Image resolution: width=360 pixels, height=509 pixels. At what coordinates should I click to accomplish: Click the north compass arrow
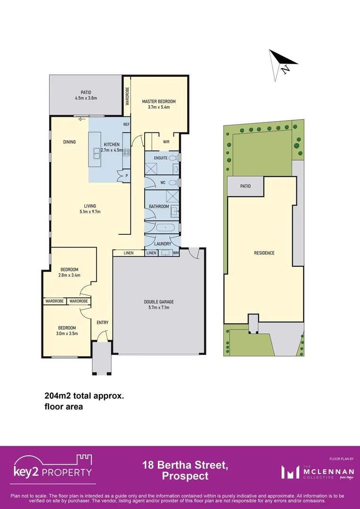[282, 62]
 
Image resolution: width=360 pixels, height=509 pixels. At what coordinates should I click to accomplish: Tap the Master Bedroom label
[159, 101]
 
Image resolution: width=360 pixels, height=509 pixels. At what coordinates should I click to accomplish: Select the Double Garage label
[159, 302]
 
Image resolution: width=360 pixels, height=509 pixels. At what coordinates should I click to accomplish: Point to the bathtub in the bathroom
[165, 228]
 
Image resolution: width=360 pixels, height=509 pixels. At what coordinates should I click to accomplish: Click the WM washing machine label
[175, 253]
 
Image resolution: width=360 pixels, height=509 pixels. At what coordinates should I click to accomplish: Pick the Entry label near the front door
[102, 322]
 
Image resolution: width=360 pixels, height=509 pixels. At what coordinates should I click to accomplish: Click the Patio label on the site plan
[245, 186]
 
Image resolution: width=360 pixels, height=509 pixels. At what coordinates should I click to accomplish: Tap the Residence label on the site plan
[264, 253]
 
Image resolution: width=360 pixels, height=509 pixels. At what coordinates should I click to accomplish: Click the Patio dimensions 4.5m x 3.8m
[86, 99]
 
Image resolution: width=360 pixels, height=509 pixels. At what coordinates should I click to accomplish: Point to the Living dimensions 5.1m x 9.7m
[90, 212]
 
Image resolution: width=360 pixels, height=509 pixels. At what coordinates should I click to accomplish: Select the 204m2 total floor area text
[84, 397]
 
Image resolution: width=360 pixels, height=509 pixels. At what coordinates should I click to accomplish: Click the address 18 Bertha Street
[185, 466]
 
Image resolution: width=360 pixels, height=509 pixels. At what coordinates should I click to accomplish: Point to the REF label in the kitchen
[126, 125]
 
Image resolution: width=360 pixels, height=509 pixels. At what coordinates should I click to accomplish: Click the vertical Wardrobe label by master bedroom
[127, 97]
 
